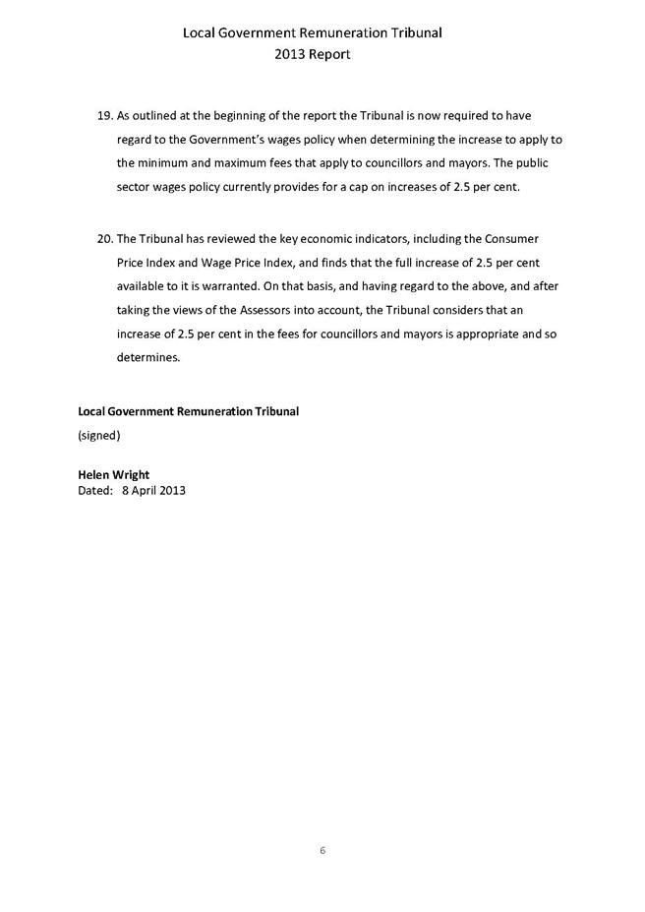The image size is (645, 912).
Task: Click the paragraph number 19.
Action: [x=105, y=116]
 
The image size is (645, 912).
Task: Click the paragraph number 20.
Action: [x=105, y=239]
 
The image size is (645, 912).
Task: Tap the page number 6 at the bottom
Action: [x=322, y=850]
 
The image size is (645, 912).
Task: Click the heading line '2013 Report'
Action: [x=313, y=55]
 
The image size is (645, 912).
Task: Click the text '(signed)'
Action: [x=99, y=434]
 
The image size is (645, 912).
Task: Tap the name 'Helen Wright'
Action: [x=114, y=474]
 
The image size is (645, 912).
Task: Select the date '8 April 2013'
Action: [x=153, y=489]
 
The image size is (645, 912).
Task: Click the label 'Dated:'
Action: [x=95, y=489]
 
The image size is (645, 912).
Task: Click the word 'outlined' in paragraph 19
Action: [x=159, y=116]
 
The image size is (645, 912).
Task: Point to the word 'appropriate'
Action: [x=480, y=334]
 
